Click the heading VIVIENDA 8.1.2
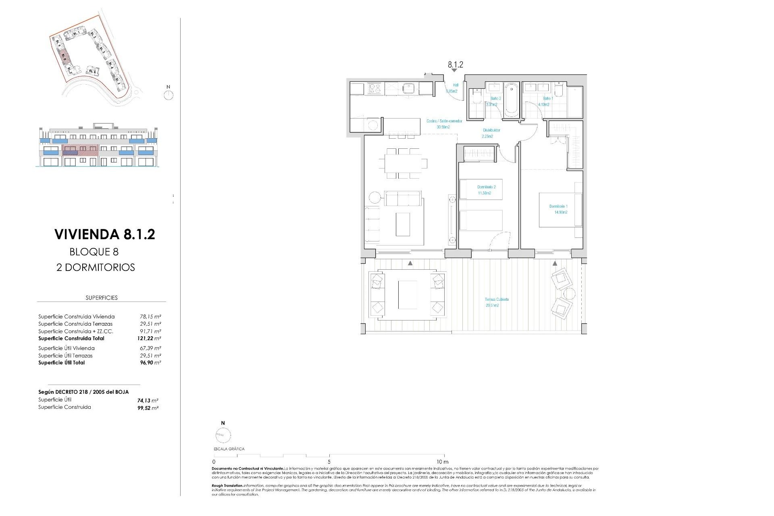point(104,234)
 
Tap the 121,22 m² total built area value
point(149,339)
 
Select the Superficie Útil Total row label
point(62,363)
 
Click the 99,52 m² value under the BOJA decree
point(148,408)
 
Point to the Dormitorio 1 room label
point(558,206)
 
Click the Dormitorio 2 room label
point(486,187)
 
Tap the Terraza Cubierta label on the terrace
point(496,300)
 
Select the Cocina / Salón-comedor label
point(444,121)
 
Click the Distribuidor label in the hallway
point(491,130)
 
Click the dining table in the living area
point(402,163)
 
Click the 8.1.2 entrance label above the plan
point(455,64)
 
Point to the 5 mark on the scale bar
point(329,462)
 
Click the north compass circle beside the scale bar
point(223,435)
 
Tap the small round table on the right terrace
point(568,293)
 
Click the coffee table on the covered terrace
point(407,295)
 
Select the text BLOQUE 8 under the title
point(94,252)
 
